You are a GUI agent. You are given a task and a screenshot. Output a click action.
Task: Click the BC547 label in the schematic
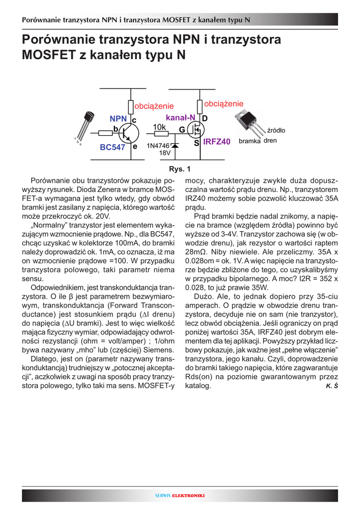coord(112,147)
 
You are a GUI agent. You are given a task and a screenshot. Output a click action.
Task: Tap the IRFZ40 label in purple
coord(216,142)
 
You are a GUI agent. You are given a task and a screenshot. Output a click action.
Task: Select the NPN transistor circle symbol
coord(129,133)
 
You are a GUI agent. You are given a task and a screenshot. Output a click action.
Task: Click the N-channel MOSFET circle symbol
coord(197,130)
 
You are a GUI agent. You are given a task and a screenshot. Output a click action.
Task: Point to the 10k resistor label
coord(159,127)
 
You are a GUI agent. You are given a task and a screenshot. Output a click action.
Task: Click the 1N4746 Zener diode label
coord(158,146)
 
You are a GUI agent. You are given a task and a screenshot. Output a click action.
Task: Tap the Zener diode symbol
coord(175,146)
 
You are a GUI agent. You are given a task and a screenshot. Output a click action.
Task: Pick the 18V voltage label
coord(165,153)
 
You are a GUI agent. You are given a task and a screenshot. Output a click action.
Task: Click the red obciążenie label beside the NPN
coord(154,106)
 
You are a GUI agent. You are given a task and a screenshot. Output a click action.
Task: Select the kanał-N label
coord(180,117)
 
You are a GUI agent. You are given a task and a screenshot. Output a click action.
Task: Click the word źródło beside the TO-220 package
coord(276,131)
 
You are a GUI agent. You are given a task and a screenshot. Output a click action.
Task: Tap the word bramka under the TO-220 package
coord(249,141)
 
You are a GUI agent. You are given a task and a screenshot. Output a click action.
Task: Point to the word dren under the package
coord(270,141)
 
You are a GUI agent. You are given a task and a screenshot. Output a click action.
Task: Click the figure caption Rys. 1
coord(180,169)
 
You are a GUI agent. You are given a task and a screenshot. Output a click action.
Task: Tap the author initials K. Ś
coord(332,386)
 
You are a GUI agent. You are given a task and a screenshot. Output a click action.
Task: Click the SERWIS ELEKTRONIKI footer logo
coord(180,496)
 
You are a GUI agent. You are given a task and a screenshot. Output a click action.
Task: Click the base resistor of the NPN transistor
coord(105,133)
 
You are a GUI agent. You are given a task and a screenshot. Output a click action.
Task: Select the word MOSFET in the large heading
coord(49,55)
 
